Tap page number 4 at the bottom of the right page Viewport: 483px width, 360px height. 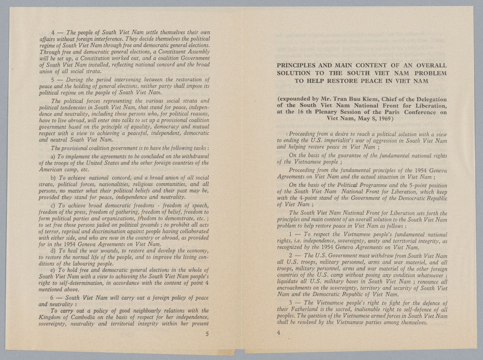[x=279, y=332]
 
